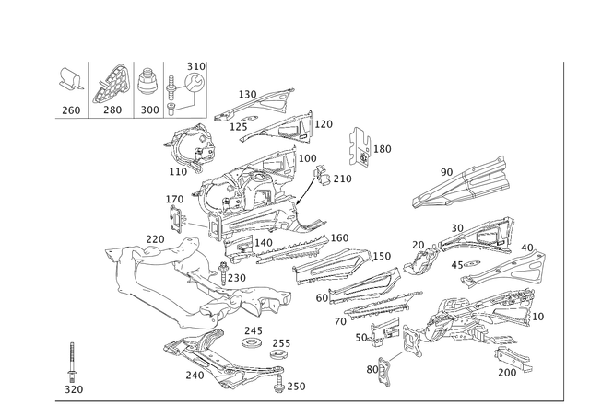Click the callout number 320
73,389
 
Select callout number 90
448,171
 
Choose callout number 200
246,93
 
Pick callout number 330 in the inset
196,65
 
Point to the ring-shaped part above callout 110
190,146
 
